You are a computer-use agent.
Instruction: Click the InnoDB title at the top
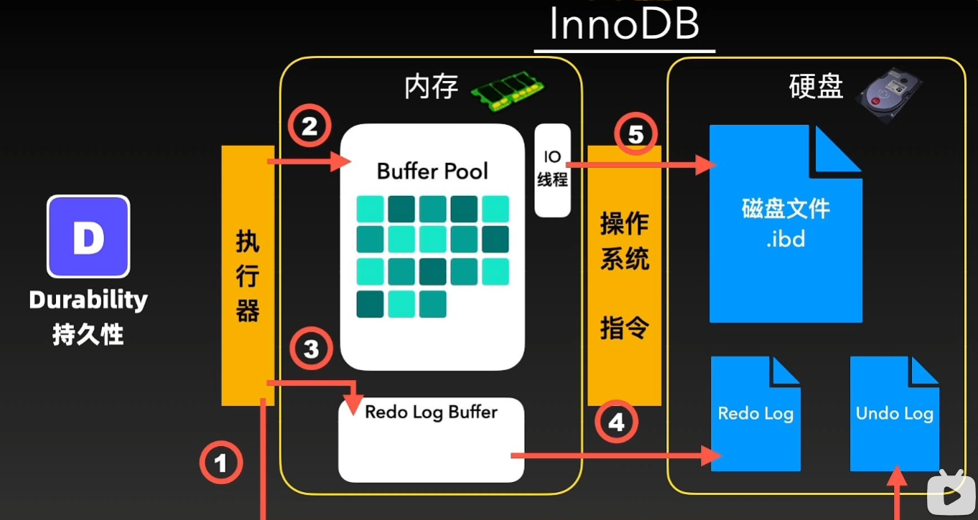click(x=623, y=25)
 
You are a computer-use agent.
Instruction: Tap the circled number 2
click(x=309, y=127)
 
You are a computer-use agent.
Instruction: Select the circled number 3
click(x=311, y=349)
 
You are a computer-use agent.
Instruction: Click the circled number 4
click(x=617, y=423)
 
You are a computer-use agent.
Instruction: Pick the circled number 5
click(x=637, y=135)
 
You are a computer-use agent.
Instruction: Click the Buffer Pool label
click(x=432, y=172)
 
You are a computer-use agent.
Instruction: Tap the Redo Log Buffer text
click(x=431, y=412)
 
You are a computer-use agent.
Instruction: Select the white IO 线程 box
click(x=552, y=170)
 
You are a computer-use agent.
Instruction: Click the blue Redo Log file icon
click(x=755, y=414)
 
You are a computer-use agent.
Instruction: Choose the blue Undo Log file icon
click(x=894, y=414)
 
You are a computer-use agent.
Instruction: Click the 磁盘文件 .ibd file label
click(x=786, y=223)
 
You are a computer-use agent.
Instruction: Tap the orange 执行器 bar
click(x=247, y=276)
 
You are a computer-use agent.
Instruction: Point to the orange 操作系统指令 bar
click(x=624, y=276)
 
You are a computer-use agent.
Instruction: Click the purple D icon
click(x=88, y=237)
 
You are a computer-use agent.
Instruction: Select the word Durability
click(x=88, y=300)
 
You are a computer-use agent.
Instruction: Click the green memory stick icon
click(x=507, y=92)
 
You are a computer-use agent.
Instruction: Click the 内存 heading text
click(x=431, y=88)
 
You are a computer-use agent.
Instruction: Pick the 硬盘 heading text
click(x=815, y=88)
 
